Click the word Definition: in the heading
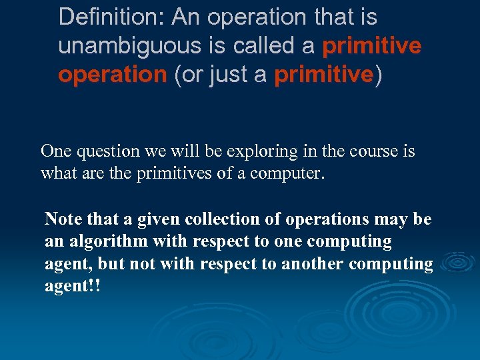coord(111,17)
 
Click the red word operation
coord(112,75)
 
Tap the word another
coord(313,263)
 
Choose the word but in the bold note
coord(112,263)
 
